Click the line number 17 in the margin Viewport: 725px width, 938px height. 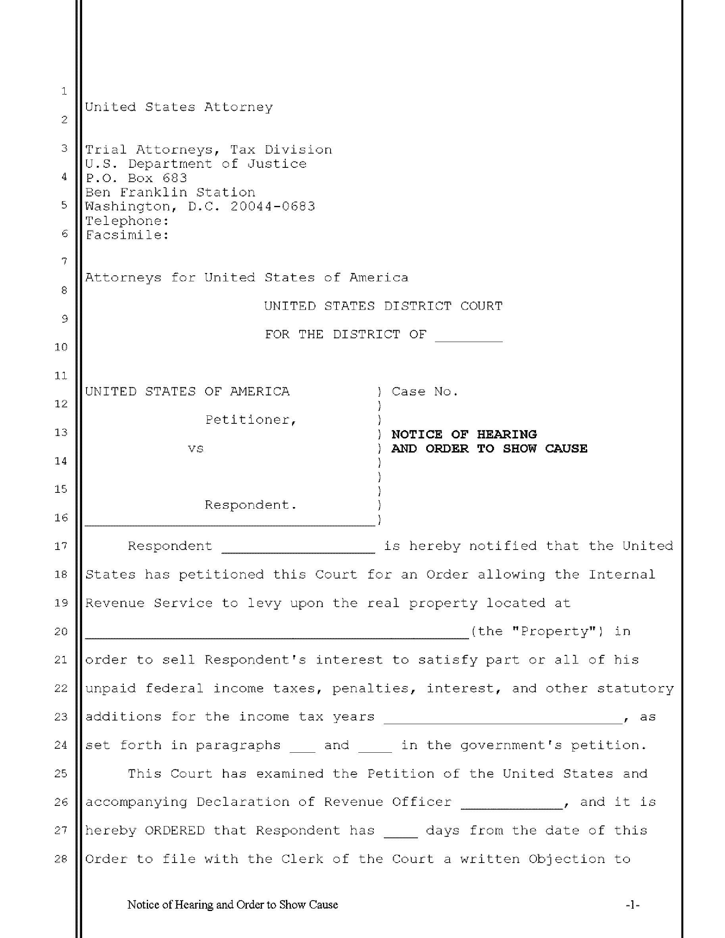pos(61,546)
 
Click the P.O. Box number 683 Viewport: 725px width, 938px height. pos(175,178)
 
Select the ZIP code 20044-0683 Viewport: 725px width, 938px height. pos(273,207)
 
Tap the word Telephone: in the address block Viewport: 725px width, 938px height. pos(127,221)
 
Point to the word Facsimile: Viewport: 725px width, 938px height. pos(127,235)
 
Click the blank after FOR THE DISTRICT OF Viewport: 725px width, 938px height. pos(469,335)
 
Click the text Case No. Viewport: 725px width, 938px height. pos(425,392)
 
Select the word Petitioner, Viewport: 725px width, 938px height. pos(251,420)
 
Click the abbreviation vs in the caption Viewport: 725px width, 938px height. pos(195,448)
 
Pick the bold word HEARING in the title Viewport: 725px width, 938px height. pos(507,434)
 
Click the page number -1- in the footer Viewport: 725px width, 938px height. pos(633,905)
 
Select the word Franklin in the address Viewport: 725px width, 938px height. pos(153,192)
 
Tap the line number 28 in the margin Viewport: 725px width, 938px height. pos(61,859)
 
